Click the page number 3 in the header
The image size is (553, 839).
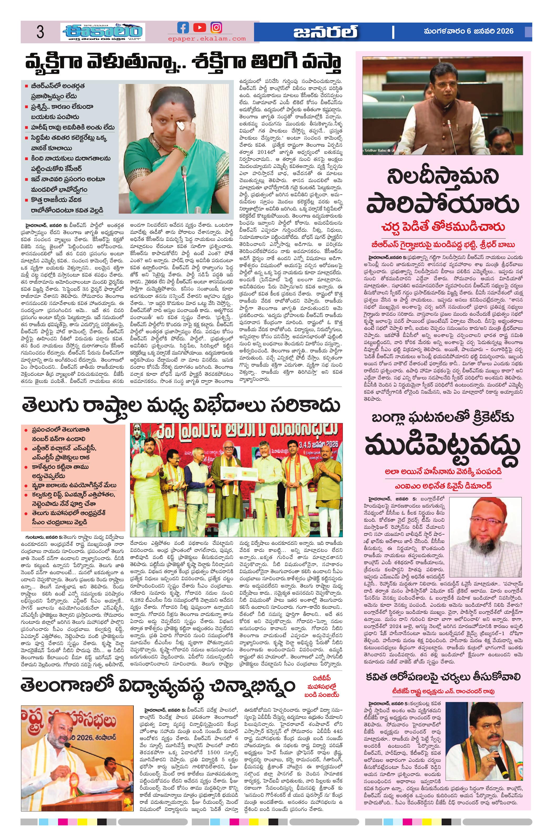[40, 33]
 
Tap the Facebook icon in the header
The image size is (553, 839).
[183, 28]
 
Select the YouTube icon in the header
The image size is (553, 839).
[200, 28]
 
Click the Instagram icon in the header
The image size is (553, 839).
[216, 28]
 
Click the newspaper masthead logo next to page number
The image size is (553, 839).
[102, 33]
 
